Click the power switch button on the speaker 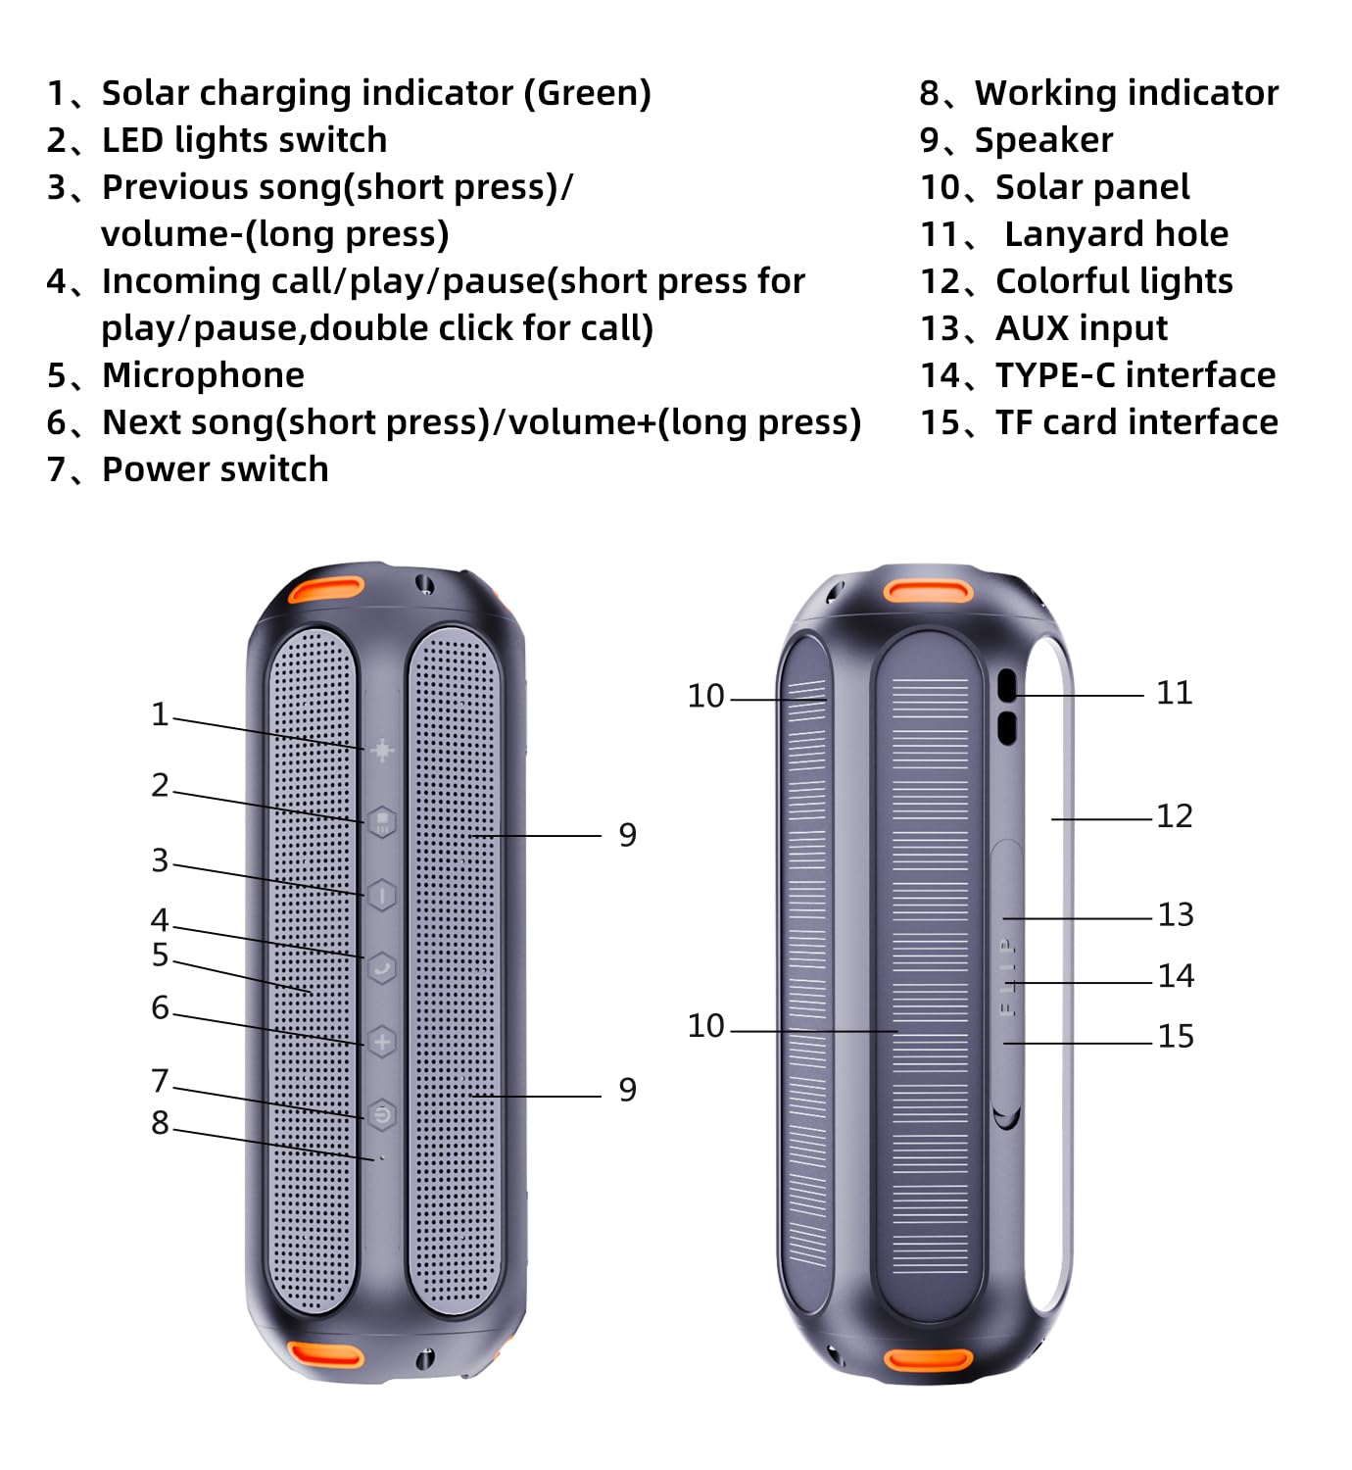381,1114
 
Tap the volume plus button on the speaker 381,1041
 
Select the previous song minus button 381,894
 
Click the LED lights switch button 381,820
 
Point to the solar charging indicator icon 381,750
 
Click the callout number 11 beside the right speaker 1174,693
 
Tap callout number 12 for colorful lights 1174,815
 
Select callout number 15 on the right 1175,1036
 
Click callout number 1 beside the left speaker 160,714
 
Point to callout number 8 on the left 160,1123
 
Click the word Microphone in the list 203,375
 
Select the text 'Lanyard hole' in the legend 1116,234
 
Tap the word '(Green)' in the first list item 587,93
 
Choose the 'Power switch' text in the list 215,469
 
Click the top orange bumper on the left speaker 325,590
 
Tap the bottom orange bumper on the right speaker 927,1360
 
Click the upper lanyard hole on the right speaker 1006,686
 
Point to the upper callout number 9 627,835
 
